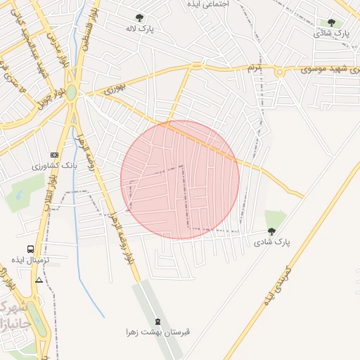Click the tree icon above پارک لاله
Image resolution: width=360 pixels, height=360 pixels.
point(139,18)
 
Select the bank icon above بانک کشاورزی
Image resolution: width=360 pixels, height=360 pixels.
point(54,155)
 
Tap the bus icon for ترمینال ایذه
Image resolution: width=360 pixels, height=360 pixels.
point(30,249)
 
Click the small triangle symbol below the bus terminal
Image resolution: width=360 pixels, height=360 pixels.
point(39,280)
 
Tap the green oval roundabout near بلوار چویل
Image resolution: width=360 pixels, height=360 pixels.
point(71,91)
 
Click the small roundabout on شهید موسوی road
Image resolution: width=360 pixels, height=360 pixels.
point(279,72)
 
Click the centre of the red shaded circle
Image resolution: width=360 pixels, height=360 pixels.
point(180,179)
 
